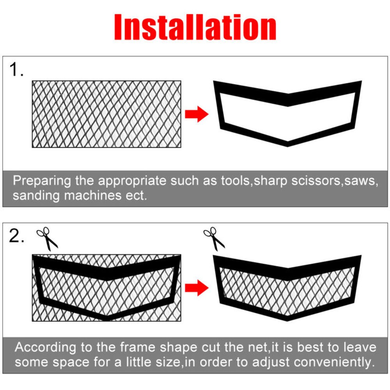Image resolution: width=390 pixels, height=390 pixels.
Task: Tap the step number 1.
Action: tap(16, 70)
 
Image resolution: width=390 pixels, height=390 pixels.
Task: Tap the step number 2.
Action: tap(17, 237)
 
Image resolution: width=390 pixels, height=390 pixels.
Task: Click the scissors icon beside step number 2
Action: tap(47, 239)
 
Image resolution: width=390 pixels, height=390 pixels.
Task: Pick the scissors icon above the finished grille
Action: tap(214, 239)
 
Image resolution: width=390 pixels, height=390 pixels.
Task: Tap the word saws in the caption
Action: tap(360, 181)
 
